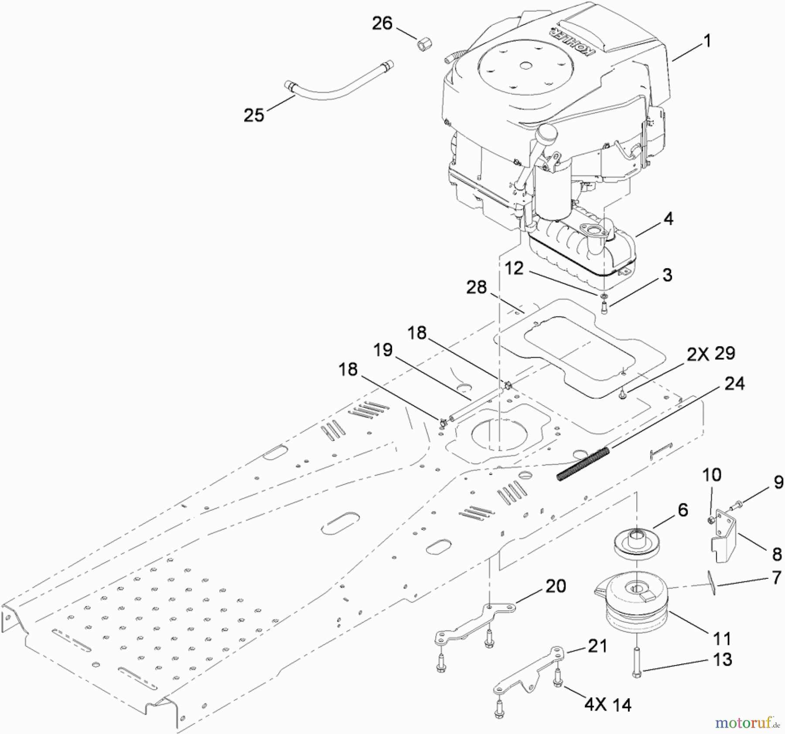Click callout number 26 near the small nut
tap(382, 23)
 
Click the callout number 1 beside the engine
tap(707, 41)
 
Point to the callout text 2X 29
tap(710, 353)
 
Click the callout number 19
tap(383, 350)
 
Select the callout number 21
tap(597, 646)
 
